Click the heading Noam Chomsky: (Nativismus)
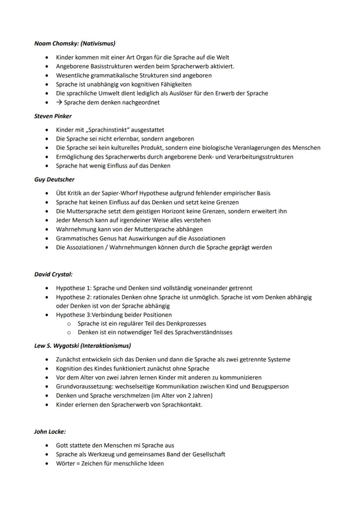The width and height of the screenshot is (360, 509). point(75,43)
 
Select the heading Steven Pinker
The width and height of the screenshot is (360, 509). point(53,116)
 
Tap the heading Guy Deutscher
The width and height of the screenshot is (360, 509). point(54,179)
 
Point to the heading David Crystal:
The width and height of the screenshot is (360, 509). point(53,274)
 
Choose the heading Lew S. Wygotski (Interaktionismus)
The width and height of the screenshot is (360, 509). point(83,346)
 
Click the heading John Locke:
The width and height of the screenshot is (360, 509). point(50,432)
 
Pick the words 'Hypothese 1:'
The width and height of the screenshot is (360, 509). point(73,288)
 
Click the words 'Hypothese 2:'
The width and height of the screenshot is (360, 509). point(73,297)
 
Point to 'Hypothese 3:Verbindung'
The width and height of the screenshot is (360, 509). point(92,315)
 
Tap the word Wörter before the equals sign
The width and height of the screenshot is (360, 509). point(66,463)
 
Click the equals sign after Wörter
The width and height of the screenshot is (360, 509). point(78,463)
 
